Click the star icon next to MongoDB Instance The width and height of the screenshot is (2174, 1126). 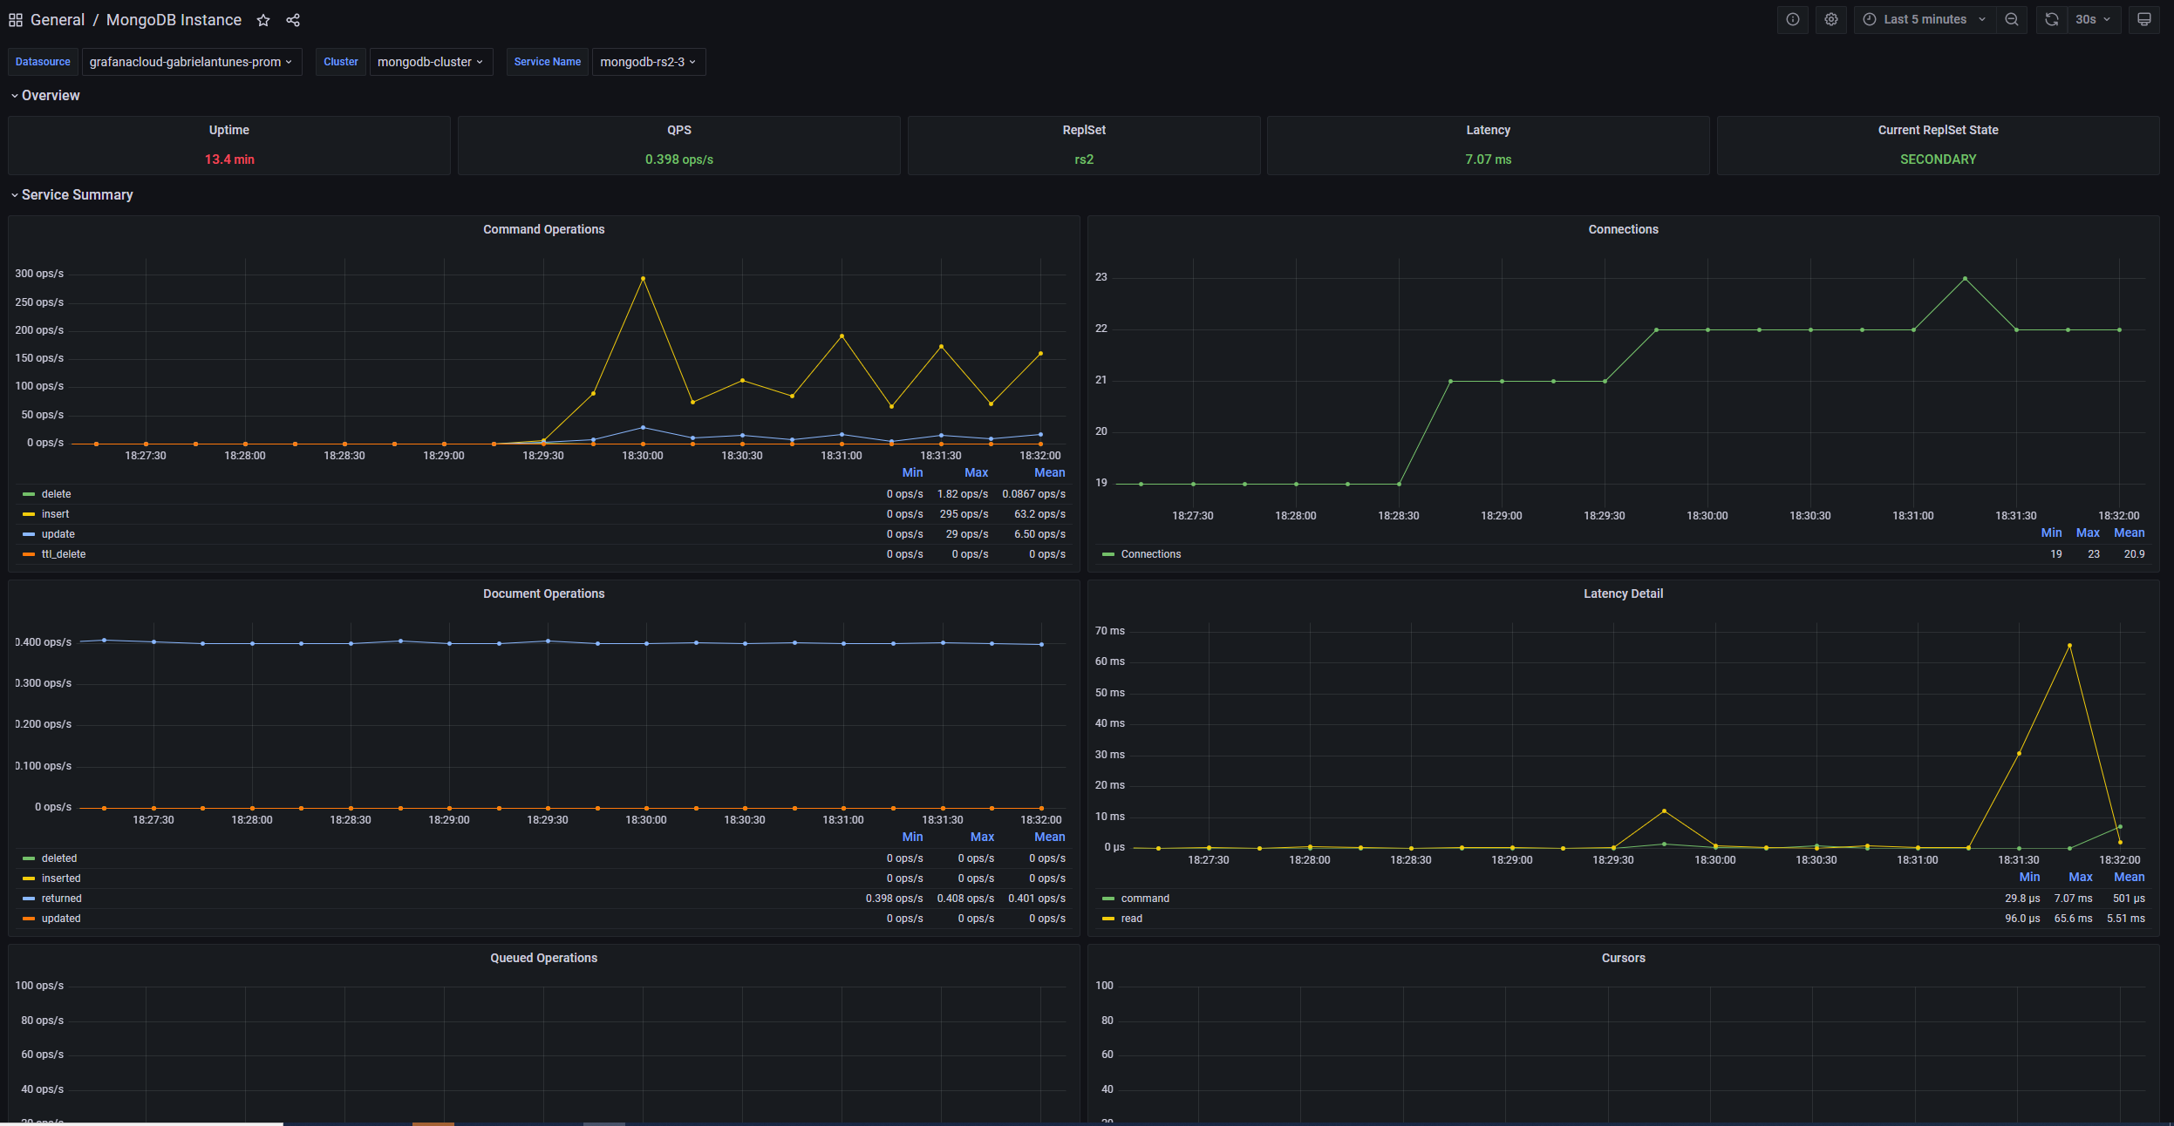click(x=263, y=20)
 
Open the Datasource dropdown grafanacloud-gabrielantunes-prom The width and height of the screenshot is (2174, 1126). click(x=191, y=62)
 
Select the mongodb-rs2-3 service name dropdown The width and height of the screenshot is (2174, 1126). click(x=648, y=62)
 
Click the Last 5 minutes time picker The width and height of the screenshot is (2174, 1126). click(x=1925, y=19)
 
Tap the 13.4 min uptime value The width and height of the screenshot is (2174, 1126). click(x=229, y=159)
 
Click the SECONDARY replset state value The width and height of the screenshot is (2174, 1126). click(x=1938, y=159)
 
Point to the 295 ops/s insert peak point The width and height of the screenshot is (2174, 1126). click(x=644, y=279)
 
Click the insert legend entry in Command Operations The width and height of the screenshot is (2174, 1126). click(x=55, y=514)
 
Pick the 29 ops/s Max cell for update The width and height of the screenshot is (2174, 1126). click(x=966, y=534)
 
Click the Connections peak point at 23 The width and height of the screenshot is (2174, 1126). click(x=1965, y=279)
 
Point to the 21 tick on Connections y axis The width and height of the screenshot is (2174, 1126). click(x=1101, y=380)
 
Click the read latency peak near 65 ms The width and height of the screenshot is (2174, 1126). click(x=2069, y=646)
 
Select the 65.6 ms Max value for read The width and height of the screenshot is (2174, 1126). click(x=2073, y=919)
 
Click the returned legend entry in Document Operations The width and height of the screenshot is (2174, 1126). click(x=61, y=899)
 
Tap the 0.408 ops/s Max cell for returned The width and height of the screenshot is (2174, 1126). click(x=965, y=899)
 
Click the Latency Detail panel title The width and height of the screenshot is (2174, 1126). click(x=1623, y=594)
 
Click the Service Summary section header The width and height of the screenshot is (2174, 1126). click(x=77, y=195)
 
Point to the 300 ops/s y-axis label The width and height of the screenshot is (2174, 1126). click(x=39, y=274)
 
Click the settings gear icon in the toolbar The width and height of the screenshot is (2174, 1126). click(x=1831, y=19)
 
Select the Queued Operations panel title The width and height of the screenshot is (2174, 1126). click(x=543, y=958)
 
